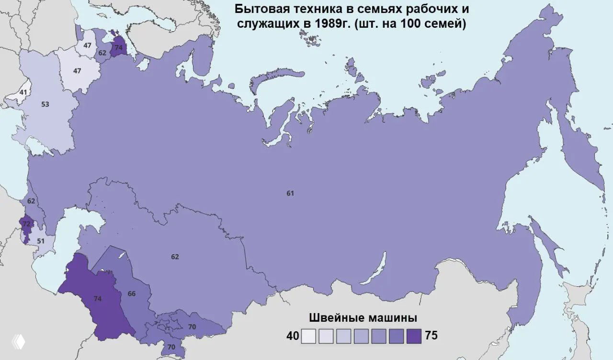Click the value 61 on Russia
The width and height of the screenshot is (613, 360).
tap(290, 193)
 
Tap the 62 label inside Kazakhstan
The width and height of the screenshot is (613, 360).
tap(175, 257)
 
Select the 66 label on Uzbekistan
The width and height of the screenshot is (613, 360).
tap(132, 293)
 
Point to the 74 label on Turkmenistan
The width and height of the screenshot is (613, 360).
tap(98, 299)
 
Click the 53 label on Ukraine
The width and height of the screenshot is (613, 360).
tap(45, 104)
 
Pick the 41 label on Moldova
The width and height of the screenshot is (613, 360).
tap(23, 92)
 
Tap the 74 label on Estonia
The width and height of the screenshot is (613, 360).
tap(118, 48)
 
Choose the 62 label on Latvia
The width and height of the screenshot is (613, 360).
tap(102, 53)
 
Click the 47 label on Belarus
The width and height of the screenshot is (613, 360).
tap(77, 71)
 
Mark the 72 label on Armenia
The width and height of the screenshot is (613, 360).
tap(26, 224)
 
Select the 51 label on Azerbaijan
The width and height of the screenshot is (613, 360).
tap(41, 241)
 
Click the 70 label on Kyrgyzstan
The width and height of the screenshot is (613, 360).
tap(192, 326)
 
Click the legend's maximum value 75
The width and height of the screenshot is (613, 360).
tap(431, 336)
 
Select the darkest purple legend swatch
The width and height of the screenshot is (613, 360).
tap(413, 336)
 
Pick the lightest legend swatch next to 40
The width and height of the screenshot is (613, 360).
tap(309, 336)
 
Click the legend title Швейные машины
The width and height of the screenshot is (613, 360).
tap(363, 318)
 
